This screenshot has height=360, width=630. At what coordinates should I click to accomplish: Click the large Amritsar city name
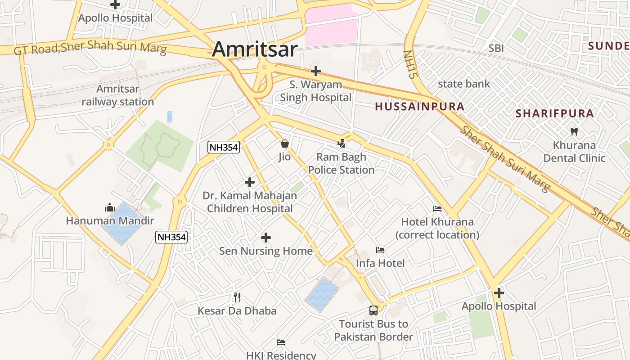255,49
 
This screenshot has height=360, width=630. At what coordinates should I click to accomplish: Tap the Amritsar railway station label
118,95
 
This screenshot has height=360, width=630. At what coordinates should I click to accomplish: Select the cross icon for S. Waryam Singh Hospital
316,71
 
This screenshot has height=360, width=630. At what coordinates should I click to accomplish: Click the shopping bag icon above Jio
284,144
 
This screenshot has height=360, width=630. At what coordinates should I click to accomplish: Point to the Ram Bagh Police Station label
341,164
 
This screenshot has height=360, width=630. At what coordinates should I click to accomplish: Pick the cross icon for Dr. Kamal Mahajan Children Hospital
250,182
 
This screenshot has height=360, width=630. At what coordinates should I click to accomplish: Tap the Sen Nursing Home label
265,251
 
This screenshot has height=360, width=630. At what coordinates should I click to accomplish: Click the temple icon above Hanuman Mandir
110,207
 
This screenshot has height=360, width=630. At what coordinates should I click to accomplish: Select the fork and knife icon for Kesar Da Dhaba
237,297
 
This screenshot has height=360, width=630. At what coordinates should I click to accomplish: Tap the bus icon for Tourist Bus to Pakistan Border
373,310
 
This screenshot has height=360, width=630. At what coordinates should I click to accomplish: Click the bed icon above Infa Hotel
380,250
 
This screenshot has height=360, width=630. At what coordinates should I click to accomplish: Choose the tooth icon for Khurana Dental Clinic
574,132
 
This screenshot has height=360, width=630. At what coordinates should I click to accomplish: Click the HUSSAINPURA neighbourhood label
419,107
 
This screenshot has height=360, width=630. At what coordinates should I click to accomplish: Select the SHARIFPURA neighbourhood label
555,113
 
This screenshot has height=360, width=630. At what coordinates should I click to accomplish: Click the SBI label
496,49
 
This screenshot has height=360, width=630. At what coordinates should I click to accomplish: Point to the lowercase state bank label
463,84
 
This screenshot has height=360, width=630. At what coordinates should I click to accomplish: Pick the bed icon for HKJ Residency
281,342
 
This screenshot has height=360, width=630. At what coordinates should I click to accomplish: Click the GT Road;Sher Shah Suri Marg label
90,48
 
